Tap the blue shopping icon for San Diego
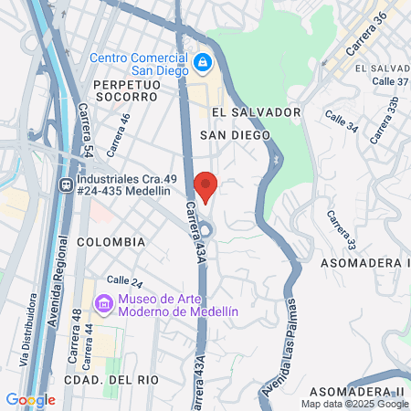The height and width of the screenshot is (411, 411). tap(202, 63)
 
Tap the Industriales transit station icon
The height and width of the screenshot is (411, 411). tap(66, 184)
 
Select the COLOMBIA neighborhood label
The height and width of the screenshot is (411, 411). tap(111, 242)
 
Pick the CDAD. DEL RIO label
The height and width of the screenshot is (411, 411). tap(111, 379)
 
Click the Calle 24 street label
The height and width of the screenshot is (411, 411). tap(124, 279)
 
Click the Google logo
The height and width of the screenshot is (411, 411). tap(30, 400)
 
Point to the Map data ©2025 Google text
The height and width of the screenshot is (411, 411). tap(355, 404)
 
